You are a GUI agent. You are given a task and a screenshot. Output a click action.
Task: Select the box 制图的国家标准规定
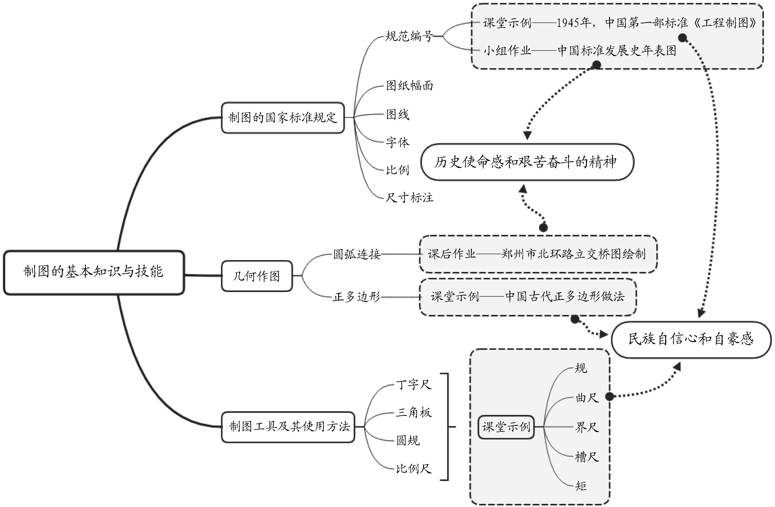pos(282,117)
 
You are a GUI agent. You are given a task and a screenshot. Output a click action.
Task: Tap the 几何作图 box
pos(257,276)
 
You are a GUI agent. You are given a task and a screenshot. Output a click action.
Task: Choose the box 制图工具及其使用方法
pos(288,427)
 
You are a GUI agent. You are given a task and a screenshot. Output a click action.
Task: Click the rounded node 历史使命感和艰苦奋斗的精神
pos(527,162)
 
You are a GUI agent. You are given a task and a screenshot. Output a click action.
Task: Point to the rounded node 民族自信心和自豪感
pos(691,339)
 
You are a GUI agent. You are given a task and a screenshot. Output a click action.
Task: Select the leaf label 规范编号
pos(409,36)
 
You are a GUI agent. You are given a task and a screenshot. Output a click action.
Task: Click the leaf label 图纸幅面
pos(409,86)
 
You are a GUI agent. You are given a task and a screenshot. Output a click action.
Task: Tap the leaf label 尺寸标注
pos(409,197)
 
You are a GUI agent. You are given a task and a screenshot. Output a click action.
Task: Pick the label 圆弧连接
pos(357,254)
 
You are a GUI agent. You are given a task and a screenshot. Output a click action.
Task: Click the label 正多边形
pos(357,297)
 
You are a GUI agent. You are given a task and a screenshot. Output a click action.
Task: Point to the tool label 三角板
pos(414,413)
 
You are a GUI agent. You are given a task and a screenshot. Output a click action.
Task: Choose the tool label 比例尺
pos(414,469)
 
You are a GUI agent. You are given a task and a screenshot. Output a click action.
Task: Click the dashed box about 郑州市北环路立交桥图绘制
pos(538,254)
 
